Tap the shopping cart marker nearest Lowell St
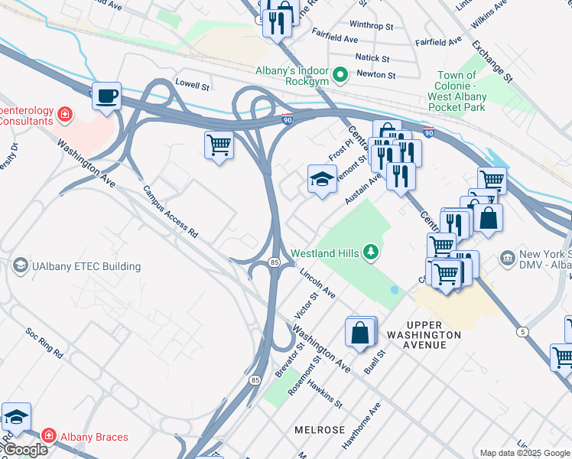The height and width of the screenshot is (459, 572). tap(219, 144)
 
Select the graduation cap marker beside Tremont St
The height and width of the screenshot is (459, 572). tap(322, 181)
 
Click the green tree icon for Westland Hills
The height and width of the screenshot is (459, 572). tap(371, 252)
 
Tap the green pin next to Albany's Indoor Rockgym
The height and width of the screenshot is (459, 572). tap(341, 75)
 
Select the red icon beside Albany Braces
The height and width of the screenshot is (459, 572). tap(49, 436)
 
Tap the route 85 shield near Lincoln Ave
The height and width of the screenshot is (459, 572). tap(274, 262)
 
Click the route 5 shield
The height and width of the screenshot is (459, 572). tap(522, 330)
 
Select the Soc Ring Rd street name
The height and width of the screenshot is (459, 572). tap(44, 343)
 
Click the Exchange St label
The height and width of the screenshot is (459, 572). tap(492, 60)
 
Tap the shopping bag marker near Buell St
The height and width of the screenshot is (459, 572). tap(359, 333)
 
